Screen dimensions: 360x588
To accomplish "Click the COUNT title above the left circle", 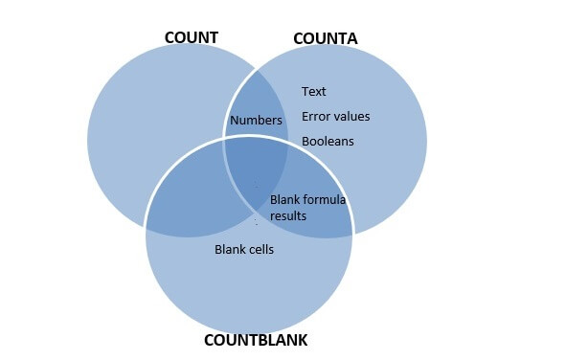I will pos(192,38).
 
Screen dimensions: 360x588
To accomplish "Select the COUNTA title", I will pos(325,39).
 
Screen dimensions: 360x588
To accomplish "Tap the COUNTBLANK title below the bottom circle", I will pos(256,341).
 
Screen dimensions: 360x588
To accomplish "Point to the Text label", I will pos(314,92).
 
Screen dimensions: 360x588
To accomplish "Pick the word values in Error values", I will pos(351,117).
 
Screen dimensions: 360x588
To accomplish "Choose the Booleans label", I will pos(328,142).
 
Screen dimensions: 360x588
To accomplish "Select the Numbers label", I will pos(256,122).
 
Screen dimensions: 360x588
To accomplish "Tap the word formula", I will pos(325,200).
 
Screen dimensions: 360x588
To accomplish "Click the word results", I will pos(288,216).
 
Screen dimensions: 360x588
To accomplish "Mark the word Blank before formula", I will pos(285,200).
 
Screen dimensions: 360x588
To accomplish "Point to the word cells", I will pos(260,250).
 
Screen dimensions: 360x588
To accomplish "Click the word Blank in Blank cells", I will pos(229,250).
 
